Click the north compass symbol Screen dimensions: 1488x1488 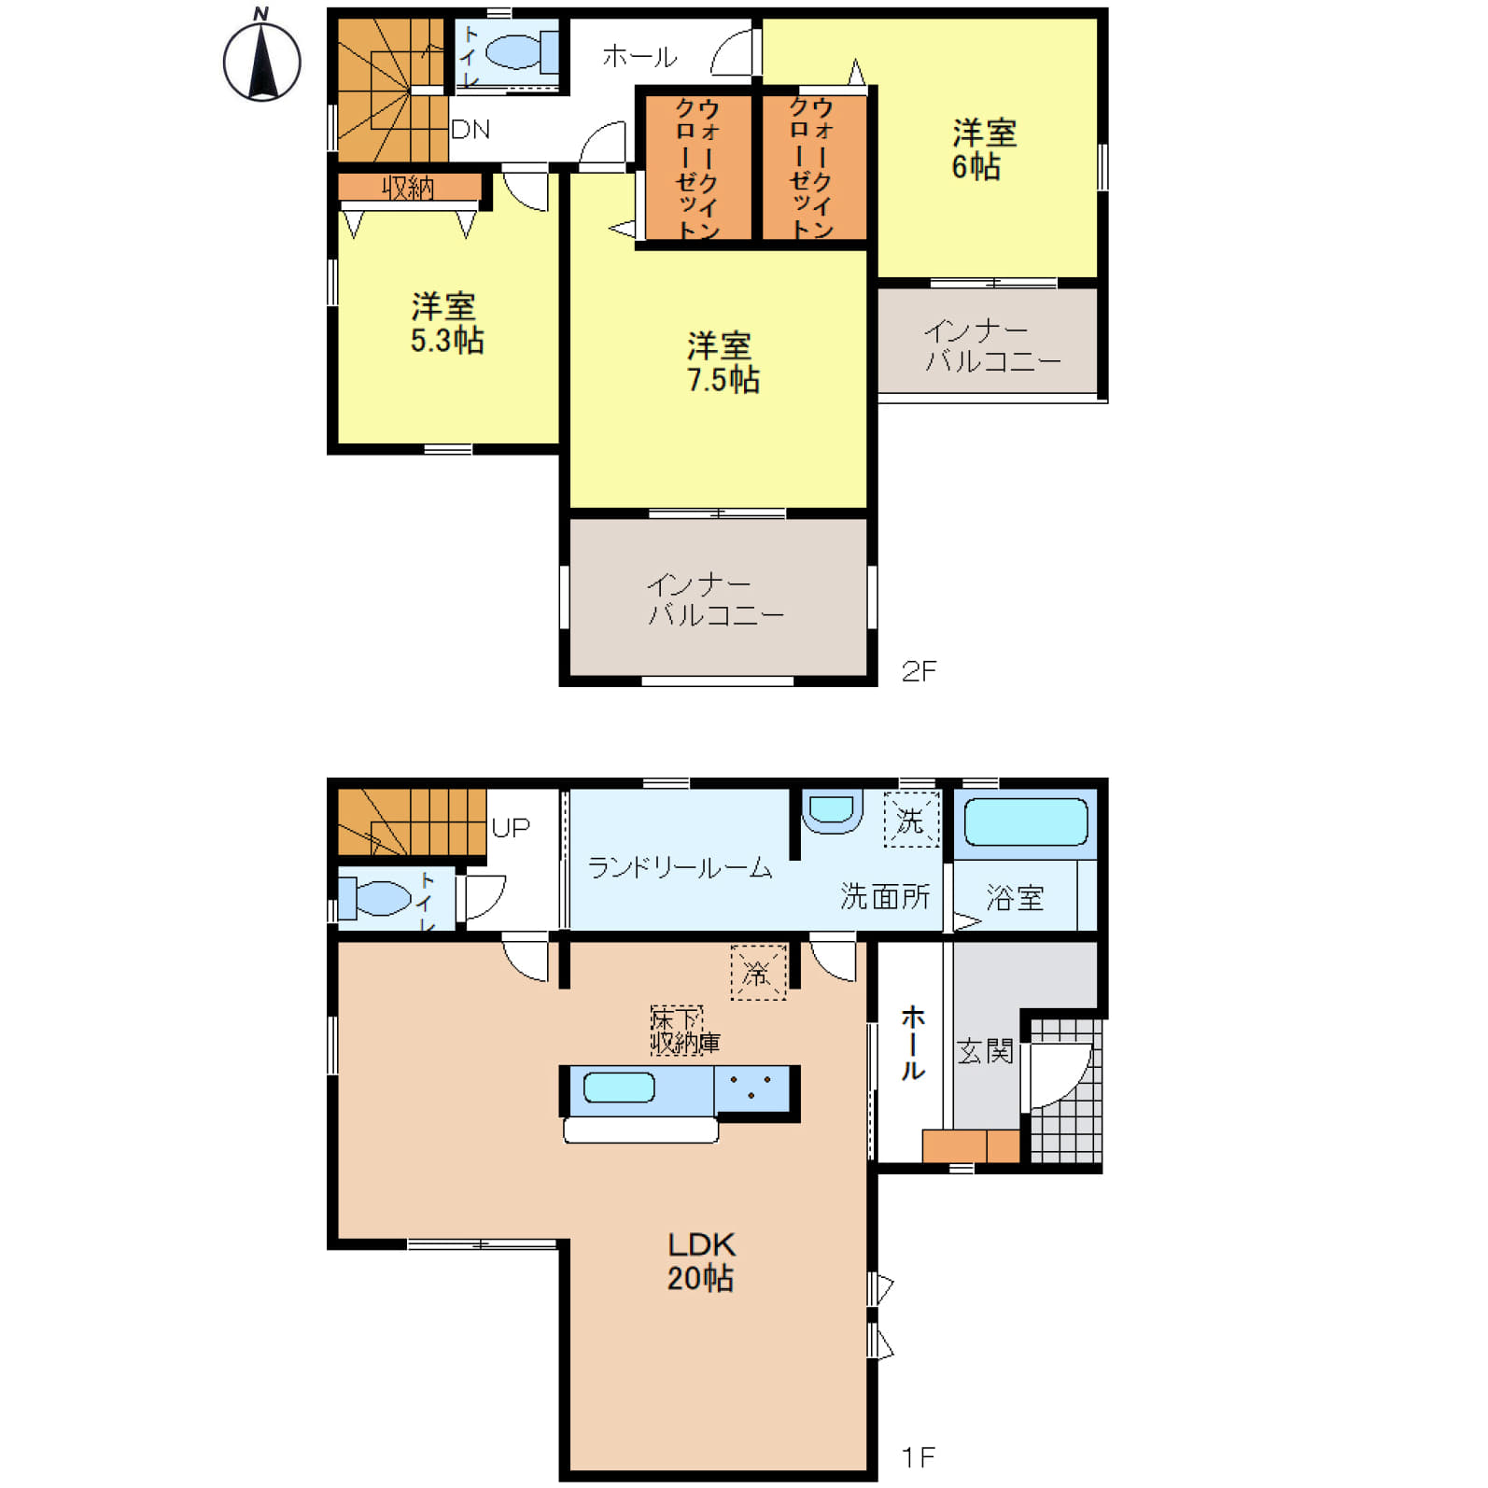[x=261, y=58]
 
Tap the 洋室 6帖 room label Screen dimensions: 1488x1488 [x=983, y=149]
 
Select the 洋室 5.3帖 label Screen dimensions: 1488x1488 [x=446, y=323]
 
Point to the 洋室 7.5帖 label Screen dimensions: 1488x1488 [x=723, y=363]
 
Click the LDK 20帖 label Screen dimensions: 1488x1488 [x=701, y=1261]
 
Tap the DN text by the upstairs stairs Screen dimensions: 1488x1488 [x=470, y=129]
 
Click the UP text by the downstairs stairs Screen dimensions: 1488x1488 [x=511, y=828]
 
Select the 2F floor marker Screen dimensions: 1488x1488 [x=919, y=671]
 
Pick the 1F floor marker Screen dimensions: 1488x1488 [x=919, y=1456]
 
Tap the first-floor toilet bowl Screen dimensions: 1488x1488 [x=374, y=898]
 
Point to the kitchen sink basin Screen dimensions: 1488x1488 [x=619, y=1088]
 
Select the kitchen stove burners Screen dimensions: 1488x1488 [x=751, y=1088]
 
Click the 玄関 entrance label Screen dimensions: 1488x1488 [x=985, y=1051]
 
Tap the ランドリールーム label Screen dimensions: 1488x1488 [x=680, y=868]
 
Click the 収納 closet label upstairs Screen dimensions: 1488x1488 [x=408, y=188]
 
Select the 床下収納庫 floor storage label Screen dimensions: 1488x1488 [x=685, y=1031]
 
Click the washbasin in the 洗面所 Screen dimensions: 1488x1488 [x=832, y=811]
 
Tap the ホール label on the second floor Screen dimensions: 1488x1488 [x=639, y=57]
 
